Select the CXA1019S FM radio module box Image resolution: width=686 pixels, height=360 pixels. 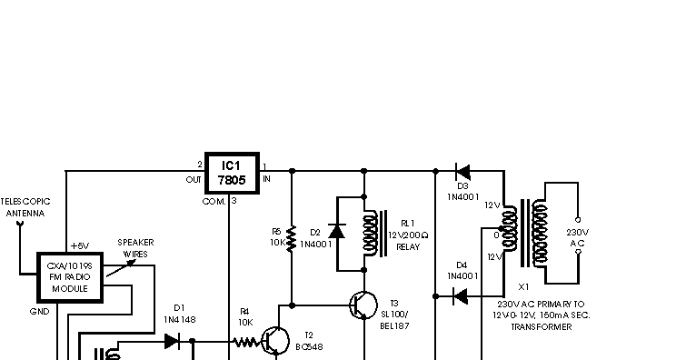68,276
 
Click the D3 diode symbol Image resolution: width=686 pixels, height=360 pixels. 462,170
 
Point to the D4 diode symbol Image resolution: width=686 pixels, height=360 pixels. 461,295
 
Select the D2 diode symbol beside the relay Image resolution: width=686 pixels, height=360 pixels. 336,232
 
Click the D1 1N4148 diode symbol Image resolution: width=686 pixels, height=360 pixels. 172,342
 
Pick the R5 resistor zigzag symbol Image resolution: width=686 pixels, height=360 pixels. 291,237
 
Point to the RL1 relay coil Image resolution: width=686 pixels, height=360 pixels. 371,232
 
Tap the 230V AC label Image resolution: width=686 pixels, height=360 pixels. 579,238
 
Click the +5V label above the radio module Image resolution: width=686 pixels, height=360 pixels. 80,246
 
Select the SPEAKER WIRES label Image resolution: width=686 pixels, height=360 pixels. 135,248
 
